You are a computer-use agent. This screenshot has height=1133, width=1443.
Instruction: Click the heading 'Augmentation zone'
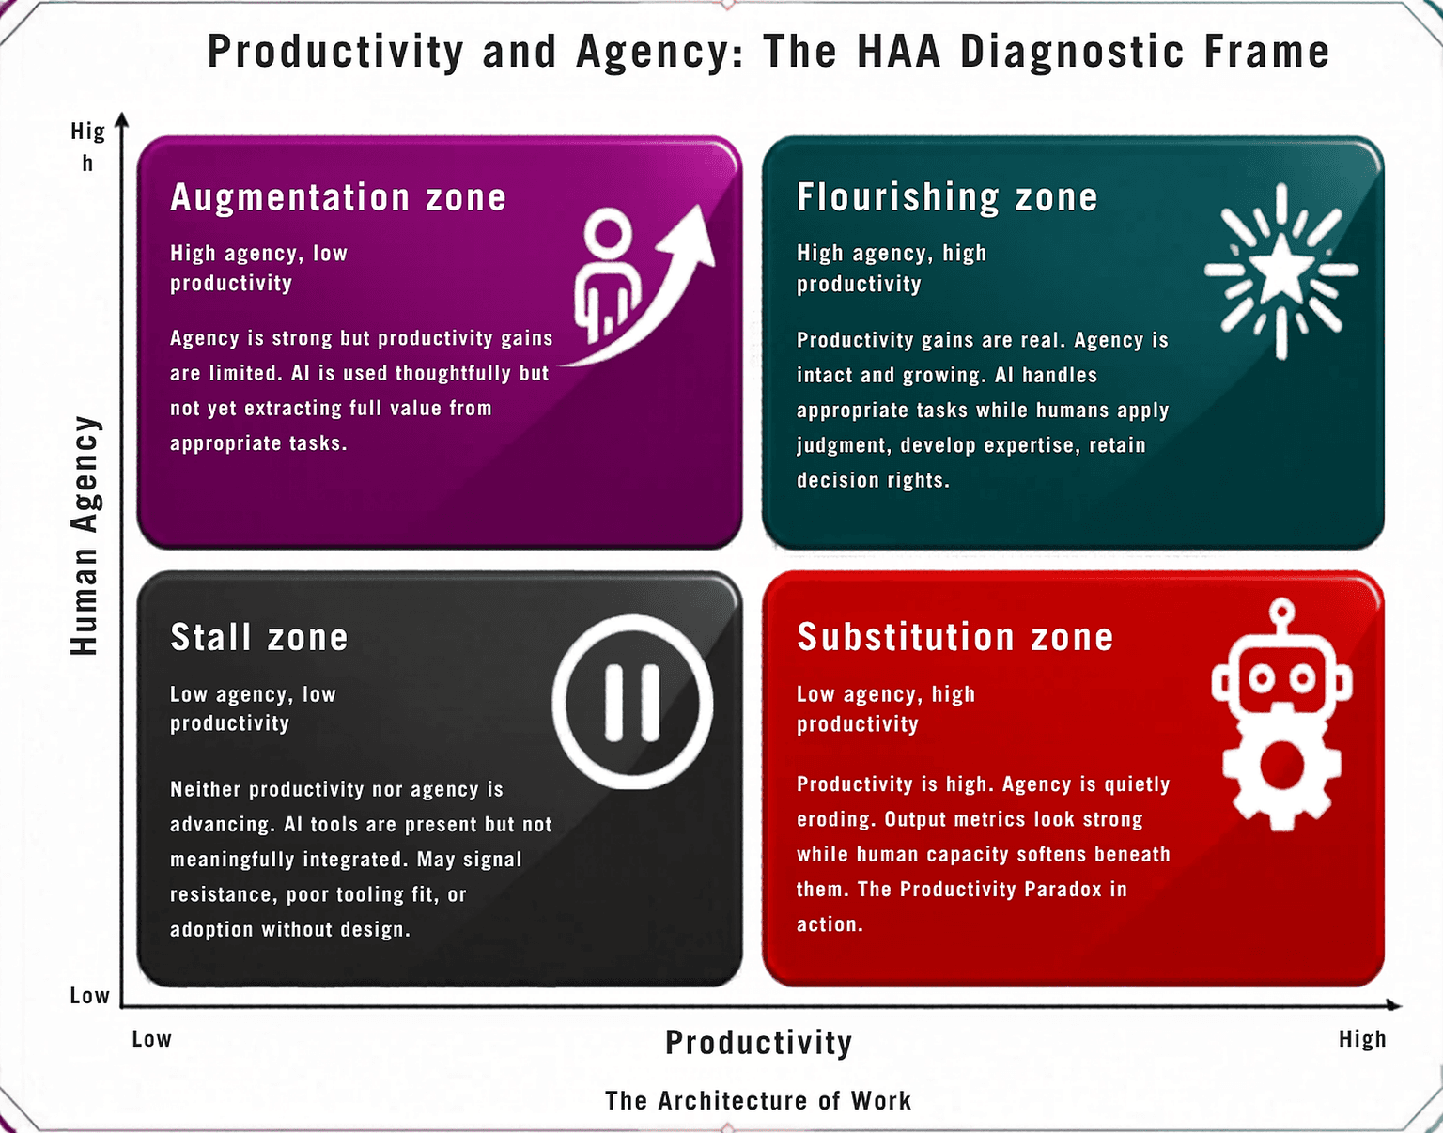click(338, 198)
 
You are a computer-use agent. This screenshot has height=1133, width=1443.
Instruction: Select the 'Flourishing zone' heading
click(947, 198)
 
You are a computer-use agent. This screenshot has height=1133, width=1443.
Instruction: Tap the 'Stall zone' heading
click(259, 637)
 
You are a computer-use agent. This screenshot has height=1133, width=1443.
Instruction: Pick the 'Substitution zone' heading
click(954, 637)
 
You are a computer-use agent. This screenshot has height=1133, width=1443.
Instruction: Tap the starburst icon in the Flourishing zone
click(1281, 271)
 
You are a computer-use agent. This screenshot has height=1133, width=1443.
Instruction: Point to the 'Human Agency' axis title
click(85, 535)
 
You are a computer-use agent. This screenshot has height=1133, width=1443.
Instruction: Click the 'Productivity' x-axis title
click(759, 1043)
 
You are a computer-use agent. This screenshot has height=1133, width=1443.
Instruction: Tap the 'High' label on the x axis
click(1362, 1039)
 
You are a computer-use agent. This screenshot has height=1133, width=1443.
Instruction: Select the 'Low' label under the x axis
click(152, 1039)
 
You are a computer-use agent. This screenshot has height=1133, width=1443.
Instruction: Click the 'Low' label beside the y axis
click(89, 996)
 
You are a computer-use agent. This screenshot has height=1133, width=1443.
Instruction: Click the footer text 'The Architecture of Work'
click(758, 1100)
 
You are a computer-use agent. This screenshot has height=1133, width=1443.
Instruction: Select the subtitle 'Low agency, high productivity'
click(886, 709)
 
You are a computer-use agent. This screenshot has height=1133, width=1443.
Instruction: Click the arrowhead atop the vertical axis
click(121, 119)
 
